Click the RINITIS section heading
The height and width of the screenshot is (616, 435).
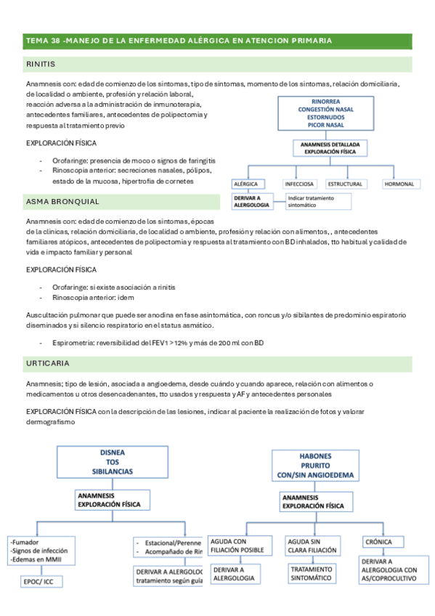[x=41, y=65]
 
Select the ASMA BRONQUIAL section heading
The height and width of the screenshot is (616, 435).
[x=62, y=201]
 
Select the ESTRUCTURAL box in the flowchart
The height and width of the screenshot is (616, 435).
[x=344, y=185]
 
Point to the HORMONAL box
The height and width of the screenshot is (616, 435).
[x=399, y=185]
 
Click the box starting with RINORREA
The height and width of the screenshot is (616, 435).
[x=320, y=115]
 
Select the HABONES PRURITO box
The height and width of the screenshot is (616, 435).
[x=314, y=466]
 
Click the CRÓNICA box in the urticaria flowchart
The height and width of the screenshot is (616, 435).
[x=381, y=542]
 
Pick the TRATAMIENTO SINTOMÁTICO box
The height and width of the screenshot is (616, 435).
[x=310, y=573]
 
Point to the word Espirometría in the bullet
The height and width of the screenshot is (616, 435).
[x=74, y=342]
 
